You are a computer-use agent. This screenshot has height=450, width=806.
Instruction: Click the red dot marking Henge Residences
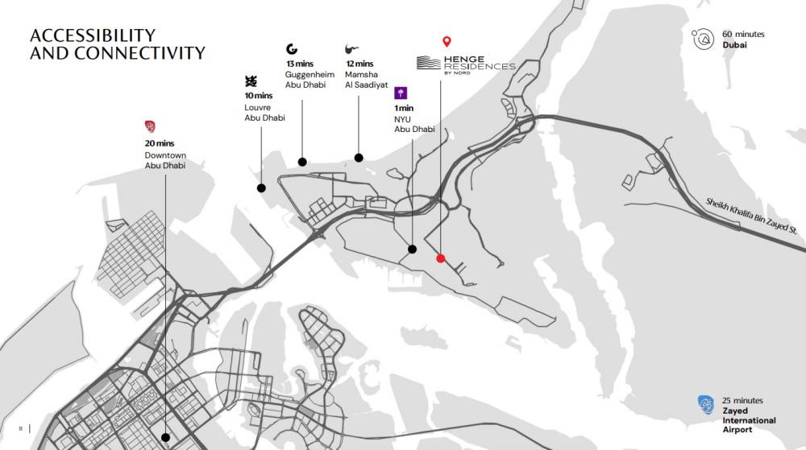point(440,258)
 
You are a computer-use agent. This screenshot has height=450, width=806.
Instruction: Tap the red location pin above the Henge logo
point(447,42)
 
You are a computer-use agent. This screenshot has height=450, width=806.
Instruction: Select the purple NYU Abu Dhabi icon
point(401,93)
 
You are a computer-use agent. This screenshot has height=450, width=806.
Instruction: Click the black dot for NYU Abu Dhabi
point(412,249)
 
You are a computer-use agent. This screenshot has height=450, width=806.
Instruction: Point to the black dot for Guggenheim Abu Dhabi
point(302,162)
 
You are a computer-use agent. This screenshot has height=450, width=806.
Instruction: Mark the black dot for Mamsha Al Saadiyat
point(359,158)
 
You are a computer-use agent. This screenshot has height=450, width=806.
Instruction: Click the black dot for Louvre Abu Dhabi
point(261,188)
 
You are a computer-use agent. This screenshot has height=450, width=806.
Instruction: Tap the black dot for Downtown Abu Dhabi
point(165,437)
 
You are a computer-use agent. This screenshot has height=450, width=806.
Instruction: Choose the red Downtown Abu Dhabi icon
point(150,126)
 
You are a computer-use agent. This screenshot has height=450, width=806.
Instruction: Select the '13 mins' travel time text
point(299,64)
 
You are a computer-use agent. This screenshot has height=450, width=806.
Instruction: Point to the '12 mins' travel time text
point(359,64)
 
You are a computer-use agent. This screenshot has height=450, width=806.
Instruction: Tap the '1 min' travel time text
point(404,108)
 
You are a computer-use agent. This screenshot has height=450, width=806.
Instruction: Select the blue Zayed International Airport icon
point(706,406)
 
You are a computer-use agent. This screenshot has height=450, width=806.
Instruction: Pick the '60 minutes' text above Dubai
point(743,35)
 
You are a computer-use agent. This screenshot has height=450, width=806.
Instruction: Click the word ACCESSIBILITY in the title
point(92,35)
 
